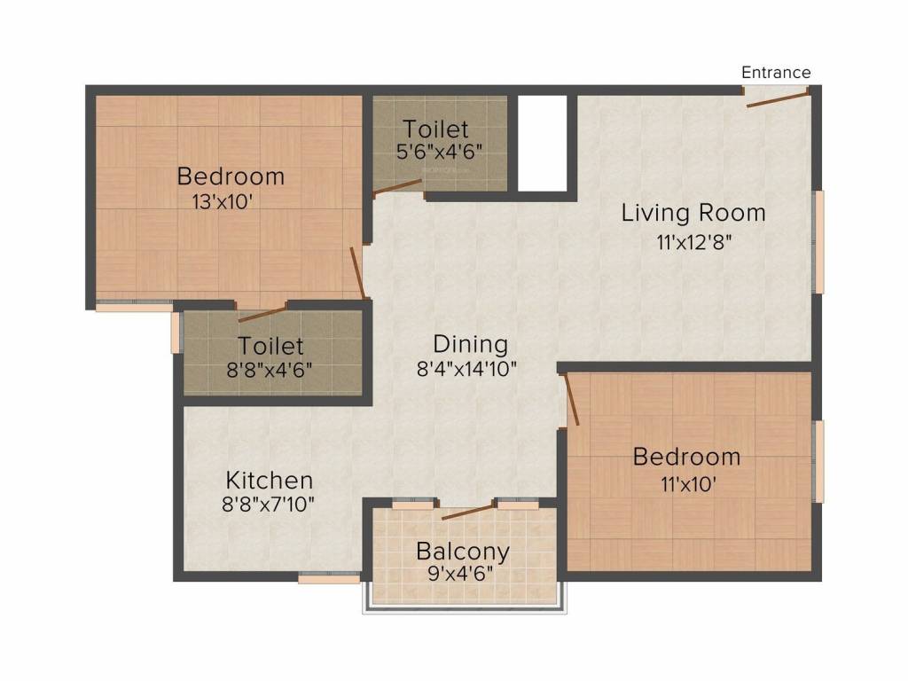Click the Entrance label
coord(776,72)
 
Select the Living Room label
coord(693,213)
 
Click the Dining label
coord(470,343)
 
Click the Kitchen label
coord(269,481)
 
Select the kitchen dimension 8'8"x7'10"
coord(269,504)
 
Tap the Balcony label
coord(463,552)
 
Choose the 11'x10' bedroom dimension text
coord(685,483)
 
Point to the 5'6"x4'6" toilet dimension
coord(440,151)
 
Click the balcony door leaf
coord(467,512)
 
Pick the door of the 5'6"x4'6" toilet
coord(397,187)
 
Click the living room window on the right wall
coord(819,241)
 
